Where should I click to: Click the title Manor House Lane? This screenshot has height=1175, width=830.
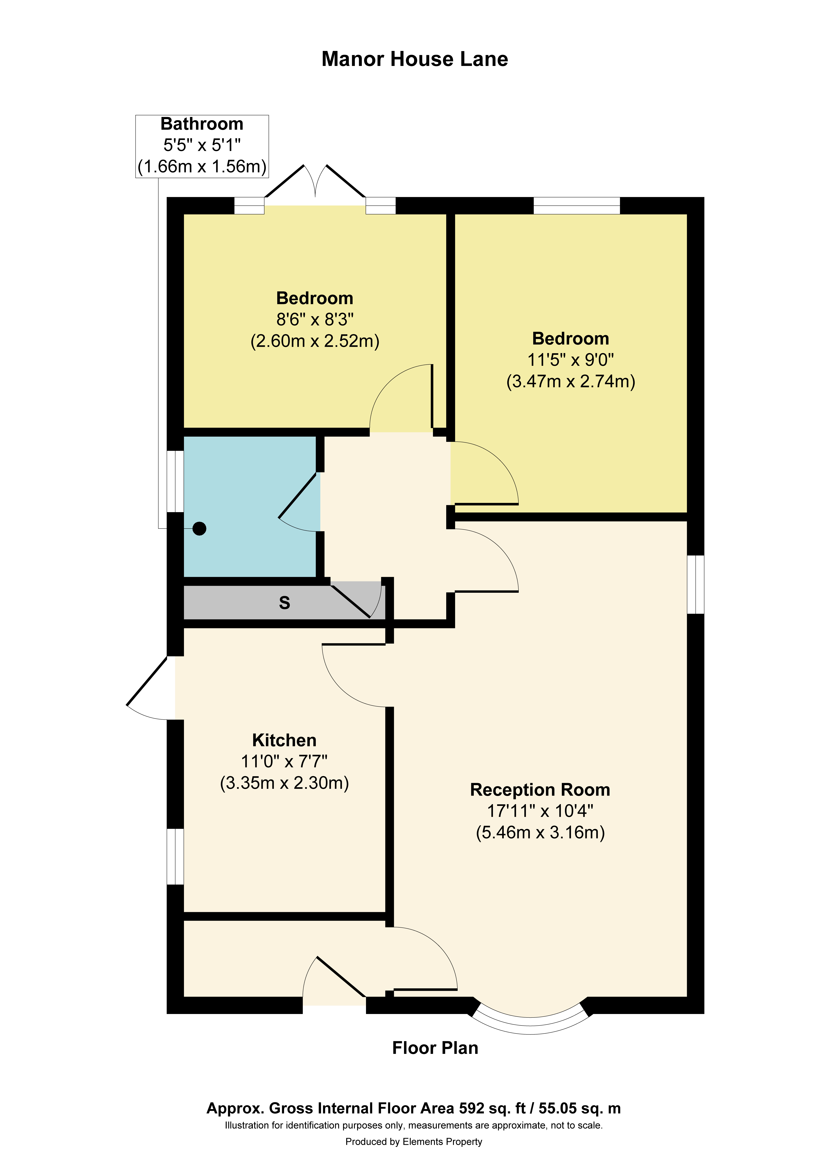tap(414, 59)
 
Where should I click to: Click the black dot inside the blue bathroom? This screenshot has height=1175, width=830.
tap(200, 529)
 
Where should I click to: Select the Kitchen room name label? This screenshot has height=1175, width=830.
tap(285, 740)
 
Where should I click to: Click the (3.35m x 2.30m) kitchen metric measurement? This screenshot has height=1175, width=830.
tap(285, 783)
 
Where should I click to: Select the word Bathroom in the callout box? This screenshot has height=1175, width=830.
tap(202, 124)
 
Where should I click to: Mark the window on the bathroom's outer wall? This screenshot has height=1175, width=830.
tap(176, 481)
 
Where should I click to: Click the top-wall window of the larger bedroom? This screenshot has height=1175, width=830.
tap(577, 205)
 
